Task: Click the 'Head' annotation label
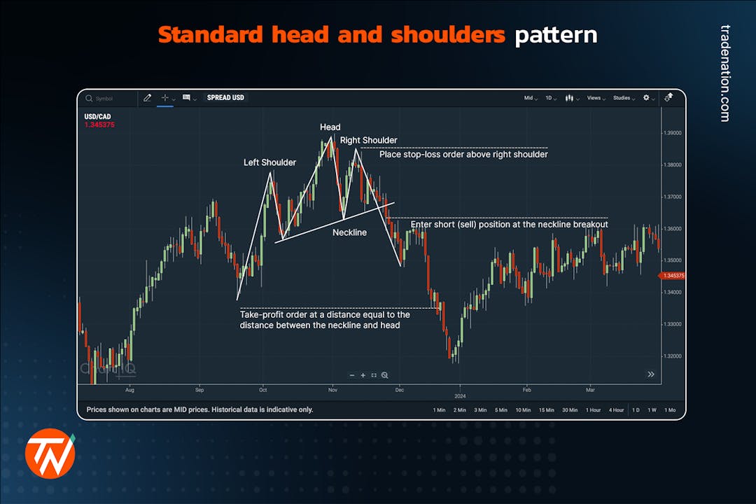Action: click(330, 127)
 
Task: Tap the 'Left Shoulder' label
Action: click(269, 162)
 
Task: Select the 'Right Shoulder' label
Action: click(368, 141)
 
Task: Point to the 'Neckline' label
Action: click(349, 232)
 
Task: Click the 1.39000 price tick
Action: click(673, 133)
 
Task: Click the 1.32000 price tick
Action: click(673, 356)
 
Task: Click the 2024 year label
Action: click(460, 396)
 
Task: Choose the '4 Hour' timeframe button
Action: click(616, 409)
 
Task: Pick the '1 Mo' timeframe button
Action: click(670, 409)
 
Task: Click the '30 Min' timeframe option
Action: click(569, 409)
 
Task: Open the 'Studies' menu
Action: click(623, 98)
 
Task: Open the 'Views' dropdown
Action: click(596, 98)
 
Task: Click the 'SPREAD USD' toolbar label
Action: click(225, 98)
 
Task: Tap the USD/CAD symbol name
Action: click(97, 116)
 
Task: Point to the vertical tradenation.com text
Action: click(724, 73)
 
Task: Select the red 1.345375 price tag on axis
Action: click(673, 276)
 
